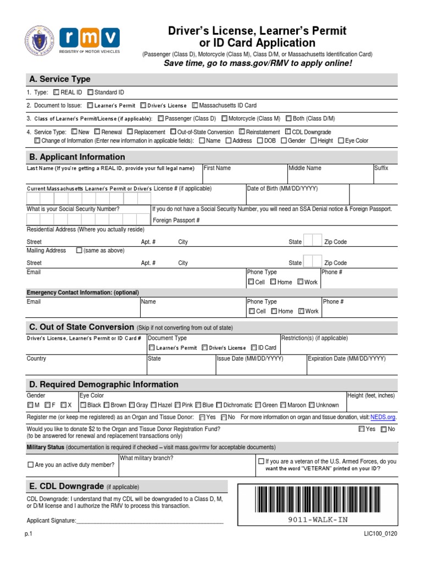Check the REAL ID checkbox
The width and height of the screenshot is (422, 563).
(57, 92)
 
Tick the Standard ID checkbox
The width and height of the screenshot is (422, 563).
(90, 92)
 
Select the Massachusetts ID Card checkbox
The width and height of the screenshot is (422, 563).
(195, 105)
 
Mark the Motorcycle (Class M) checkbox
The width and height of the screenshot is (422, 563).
(224, 118)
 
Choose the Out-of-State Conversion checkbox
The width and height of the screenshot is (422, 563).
(173, 132)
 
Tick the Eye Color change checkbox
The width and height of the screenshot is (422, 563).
(341, 141)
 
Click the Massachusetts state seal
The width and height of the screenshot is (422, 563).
(40, 41)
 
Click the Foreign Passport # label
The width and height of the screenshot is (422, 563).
(176, 220)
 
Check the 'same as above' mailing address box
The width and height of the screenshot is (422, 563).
(79, 251)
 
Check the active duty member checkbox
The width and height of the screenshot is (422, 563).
(31, 465)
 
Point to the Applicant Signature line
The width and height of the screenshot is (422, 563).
(149, 521)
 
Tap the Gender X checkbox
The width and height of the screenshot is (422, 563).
(64, 405)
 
